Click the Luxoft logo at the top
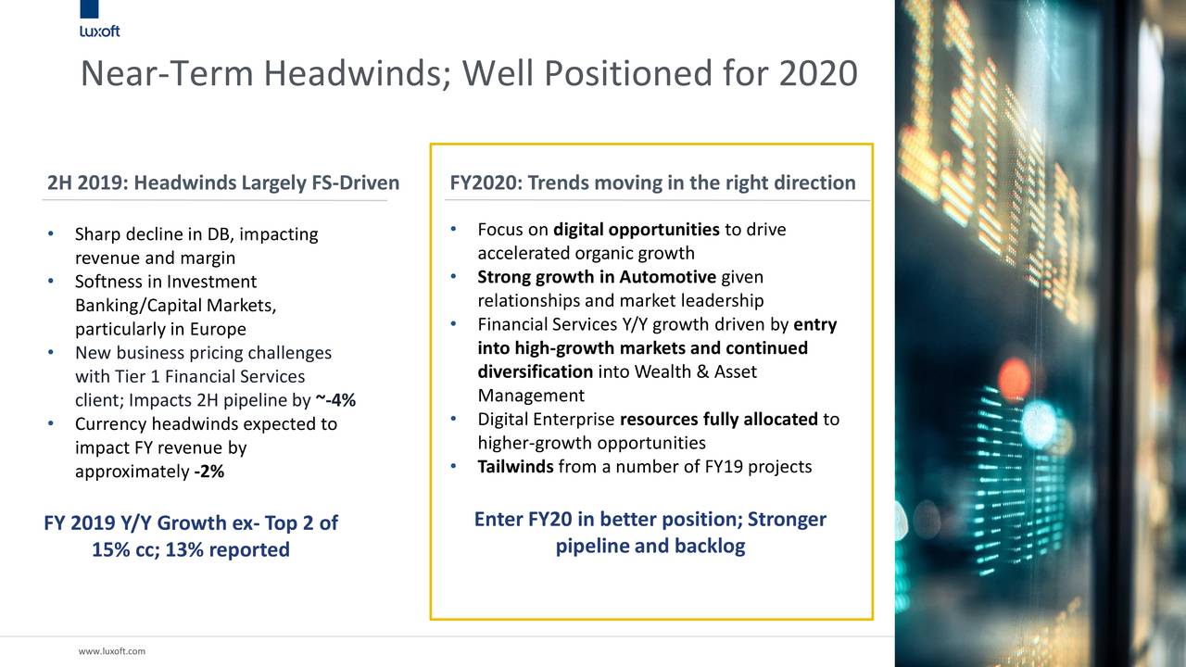point(99,19)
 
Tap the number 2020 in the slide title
point(818,73)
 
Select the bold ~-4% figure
point(335,399)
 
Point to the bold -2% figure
point(209,472)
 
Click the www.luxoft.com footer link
point(112,651)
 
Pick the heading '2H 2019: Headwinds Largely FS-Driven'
point(223,182)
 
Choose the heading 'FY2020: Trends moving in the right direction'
point(652,182)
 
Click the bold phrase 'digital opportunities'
point(637,230)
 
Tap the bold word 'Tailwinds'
point(515,466)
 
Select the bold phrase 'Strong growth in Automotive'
point(597,277)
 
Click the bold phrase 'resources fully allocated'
point(718,420)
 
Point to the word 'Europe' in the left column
point(218,329)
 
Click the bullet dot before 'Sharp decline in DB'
point(51,233)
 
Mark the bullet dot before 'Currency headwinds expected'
point(51,423)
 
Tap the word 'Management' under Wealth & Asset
point(531,396)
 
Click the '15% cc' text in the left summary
point(125,549)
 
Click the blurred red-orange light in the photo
point(1014,380)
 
